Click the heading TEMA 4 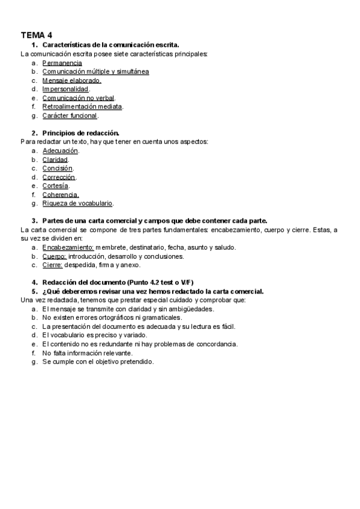36,35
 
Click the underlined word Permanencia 62,62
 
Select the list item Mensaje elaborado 71,80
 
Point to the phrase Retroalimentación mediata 82,106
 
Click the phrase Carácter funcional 70,115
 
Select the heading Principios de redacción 81,133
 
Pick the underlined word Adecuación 60,151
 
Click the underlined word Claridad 55,160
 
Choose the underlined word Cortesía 55,186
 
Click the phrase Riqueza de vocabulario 77,203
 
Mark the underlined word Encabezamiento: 68,247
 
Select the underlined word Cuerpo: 54,256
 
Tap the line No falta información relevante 88,353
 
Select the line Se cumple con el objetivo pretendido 98,362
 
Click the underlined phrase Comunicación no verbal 78,98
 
